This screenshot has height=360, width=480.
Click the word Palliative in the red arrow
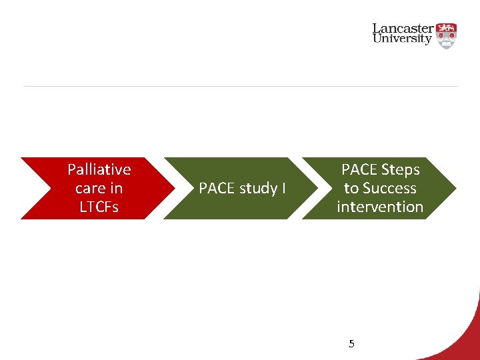click(99, 169)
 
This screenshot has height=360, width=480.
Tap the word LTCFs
click(99, 207)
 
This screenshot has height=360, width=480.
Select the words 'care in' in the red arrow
click(99, 188)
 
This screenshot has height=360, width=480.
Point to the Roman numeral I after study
click(283, 189)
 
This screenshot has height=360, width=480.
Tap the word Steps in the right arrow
click(399, 169)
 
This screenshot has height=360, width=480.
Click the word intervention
click(380, 207)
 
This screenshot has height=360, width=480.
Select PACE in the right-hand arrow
click(359, 169)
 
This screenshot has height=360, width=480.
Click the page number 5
click(352, 344)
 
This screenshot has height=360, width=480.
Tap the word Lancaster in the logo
click(403, 29)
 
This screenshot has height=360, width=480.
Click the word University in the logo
click(403, 39)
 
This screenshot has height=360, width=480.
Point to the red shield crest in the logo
click(447, 35)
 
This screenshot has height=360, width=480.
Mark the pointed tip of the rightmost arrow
click(455, 188)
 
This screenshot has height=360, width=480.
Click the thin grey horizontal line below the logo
click(240, 86)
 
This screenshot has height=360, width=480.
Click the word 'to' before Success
click(351, 188)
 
